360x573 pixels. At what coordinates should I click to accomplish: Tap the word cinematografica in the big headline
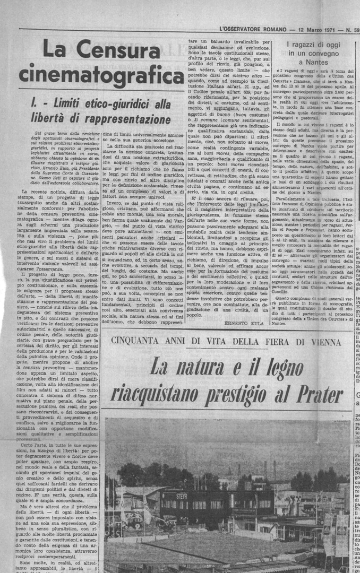[x=101, y=75]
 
